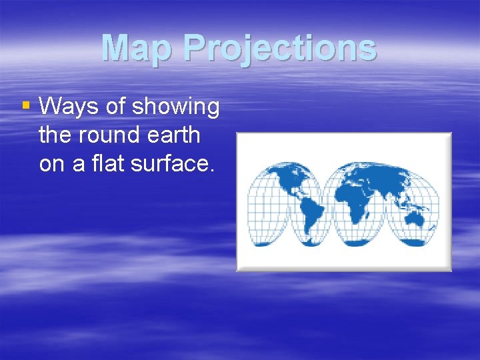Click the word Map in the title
click(x=137, y=48)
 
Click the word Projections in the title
click(x=279, y=48)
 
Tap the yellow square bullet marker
click(x=26, y=105)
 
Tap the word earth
click(x=172, y=135)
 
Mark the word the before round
click(x=54, y=135)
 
